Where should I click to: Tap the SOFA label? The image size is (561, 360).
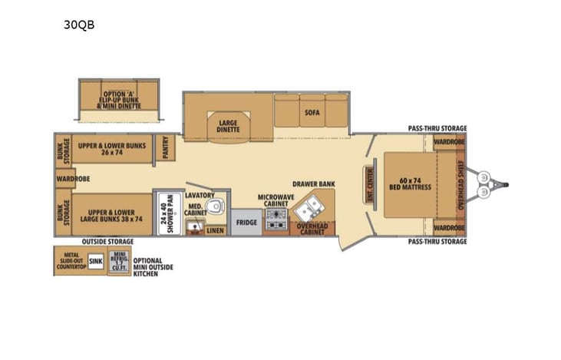click(x=311, y=113)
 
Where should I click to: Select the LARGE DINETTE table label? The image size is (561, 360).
click(x=228, y=126)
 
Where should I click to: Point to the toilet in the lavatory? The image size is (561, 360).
click(x=216, y=205)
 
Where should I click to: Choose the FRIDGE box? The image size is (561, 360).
click(x=246, y=222)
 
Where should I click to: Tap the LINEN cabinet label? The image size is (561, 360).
click(x=216, y=230)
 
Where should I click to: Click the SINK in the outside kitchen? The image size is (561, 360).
click(x=95, y=261)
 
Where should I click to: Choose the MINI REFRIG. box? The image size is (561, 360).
click(x=119, y=262)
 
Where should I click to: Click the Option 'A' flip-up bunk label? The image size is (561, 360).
click(x=119, y=99)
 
